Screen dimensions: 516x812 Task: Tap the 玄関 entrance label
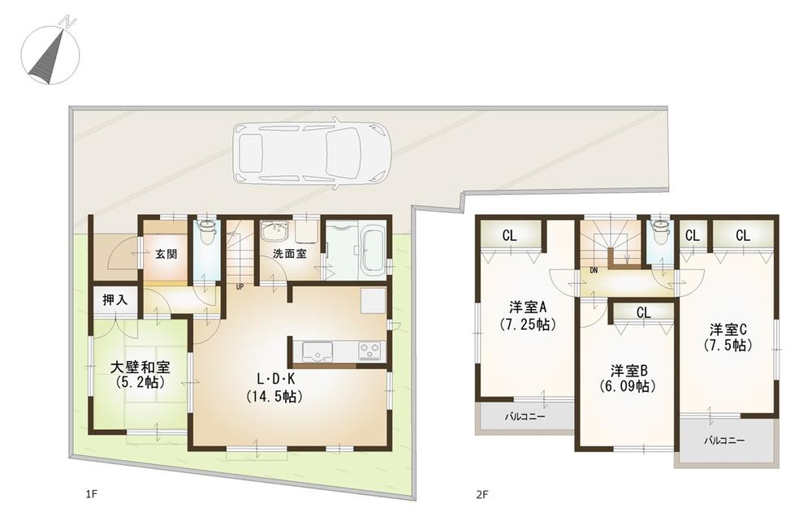pos(166,253)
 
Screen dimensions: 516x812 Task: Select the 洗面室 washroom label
pos(289,253)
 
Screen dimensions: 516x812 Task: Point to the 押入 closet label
pos(114,299)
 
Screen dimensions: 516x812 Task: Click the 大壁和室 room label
pos(140,368)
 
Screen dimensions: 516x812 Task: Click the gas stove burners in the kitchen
pos(370,351)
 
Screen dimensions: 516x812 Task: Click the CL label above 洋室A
pos(509,236)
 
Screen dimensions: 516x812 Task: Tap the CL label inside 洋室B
pos(643,312)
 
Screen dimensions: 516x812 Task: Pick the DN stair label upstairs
pos(594,270)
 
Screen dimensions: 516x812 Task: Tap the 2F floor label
pos(482,493)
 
